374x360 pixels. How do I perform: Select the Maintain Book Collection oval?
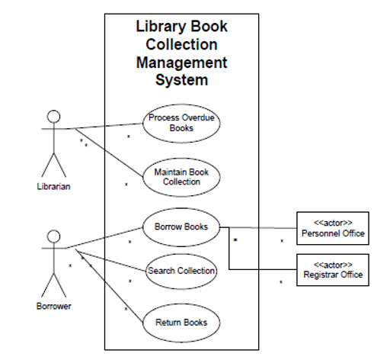click(181, 176)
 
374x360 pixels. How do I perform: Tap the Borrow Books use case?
click(181, 227)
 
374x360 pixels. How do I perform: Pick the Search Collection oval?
click(181, 271)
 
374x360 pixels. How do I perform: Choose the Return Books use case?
click(181, 321)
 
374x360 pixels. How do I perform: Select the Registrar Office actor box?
click(332, 269)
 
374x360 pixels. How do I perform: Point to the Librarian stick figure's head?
click(53, 116)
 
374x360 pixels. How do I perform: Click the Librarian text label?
click(53, 186)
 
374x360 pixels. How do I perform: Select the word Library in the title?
click(161, 26)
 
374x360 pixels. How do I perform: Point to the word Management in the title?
click(181, 63)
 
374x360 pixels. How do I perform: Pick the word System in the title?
click(181, 80)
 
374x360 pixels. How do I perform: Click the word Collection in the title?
click(181, 44)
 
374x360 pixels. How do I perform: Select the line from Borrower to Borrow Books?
click(107, 237)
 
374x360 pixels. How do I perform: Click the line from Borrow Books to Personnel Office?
click(259, 227)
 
